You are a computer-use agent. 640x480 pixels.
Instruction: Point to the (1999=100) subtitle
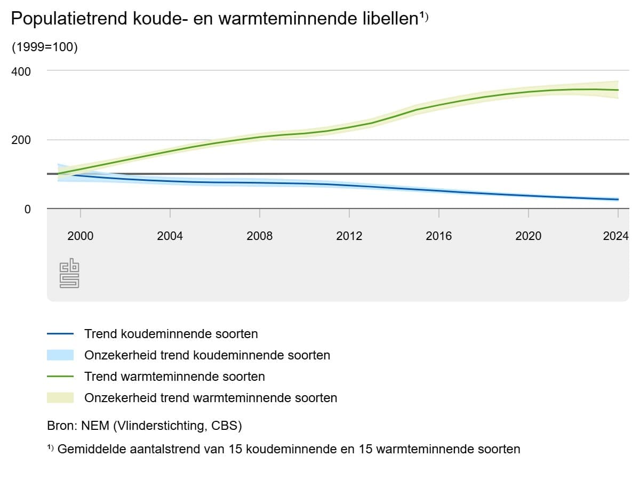coord(45,47)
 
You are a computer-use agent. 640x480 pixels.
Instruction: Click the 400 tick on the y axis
coord(21,71)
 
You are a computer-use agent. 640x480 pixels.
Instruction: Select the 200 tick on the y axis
coord(21,140)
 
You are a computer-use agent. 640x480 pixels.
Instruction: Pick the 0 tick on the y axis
coord(27,210)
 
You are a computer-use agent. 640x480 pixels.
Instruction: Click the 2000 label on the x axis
coord(80,236)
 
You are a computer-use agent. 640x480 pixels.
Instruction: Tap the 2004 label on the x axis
coord(170,236)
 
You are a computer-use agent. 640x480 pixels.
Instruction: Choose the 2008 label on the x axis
coord(259,236)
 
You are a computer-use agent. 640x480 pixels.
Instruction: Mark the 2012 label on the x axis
coord(349,236)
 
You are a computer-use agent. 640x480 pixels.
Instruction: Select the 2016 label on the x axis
coord(438,236)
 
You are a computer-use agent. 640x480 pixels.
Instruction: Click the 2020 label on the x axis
coord(528,236)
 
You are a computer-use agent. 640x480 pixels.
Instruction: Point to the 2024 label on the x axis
coord(615,236)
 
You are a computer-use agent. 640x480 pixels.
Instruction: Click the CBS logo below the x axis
coord(69,274)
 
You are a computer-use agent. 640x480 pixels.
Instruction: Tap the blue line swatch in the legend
coord(60,334)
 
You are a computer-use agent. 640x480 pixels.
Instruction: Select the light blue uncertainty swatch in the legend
coord(60,355)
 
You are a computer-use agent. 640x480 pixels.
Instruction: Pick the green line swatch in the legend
coord(60,377)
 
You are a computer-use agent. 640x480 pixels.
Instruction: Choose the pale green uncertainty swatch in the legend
coord(60,398)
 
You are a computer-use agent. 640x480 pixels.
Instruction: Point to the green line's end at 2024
coord(618,90)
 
